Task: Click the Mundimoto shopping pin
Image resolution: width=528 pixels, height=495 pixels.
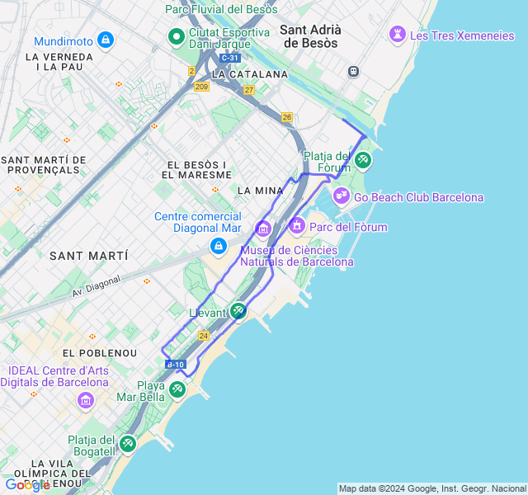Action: click(105, 40)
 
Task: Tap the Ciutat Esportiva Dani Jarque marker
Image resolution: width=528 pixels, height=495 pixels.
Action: click(176, 36)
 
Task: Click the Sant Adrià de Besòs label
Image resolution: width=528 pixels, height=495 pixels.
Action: click(311, 35)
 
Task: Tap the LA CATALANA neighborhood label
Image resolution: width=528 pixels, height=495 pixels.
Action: click(250, 74)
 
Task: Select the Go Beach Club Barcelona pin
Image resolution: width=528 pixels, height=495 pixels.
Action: click(342, 196)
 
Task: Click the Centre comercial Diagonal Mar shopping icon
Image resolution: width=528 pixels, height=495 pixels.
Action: click(218, 245)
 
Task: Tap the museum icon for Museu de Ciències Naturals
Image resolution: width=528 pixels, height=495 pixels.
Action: click(263, 228)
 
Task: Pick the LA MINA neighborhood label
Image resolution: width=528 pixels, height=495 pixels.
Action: click(260, 191)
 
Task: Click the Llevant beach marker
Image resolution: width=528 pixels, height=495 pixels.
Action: click(238, 311)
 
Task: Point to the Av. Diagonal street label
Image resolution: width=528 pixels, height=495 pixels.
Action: click(96, 285)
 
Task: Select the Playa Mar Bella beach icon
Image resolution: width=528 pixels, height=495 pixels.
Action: click(177, 389)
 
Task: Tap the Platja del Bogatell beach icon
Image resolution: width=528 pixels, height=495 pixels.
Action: click(127, 444)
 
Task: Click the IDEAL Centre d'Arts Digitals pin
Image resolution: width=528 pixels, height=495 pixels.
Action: click(86, 401)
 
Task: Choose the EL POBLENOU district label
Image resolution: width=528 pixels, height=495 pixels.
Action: click(100, 353)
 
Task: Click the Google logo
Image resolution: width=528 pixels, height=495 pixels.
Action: click(26, 485)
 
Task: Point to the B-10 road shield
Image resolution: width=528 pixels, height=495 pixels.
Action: click(176, 364)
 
